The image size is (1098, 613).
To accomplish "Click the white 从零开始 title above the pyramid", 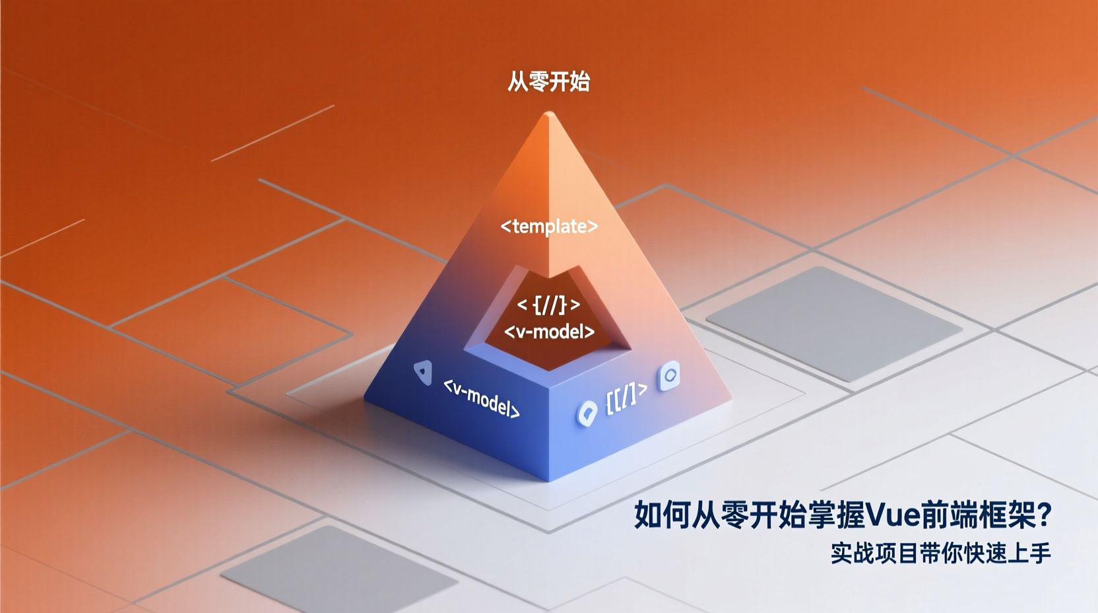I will pyautogui.click(x=548, y=82).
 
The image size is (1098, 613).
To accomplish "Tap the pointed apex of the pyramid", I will pyautogui.click(x=549, y=114).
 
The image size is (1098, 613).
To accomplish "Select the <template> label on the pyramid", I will pyautogui.click(x=549, y=227).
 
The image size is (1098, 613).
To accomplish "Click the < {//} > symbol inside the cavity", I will pyautogui.click(x=548, y=305).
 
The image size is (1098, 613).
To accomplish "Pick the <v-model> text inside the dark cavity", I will pyautogui.click(x=549, y=332).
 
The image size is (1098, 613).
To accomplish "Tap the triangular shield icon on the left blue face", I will pyautogui.click(x=423, y=372).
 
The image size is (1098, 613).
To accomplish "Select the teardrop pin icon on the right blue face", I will pyautogui.click(x=587, y=414).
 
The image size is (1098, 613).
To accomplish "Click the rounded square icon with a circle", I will pyautogui.click(x=670, y=376).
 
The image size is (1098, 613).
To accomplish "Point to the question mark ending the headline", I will pyautogui.click(x=1044, y=515).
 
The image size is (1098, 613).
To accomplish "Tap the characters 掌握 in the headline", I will pyautogui.click(x=835, y=515).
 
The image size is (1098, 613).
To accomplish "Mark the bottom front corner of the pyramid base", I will pyautogui.click(x=549, y=480).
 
